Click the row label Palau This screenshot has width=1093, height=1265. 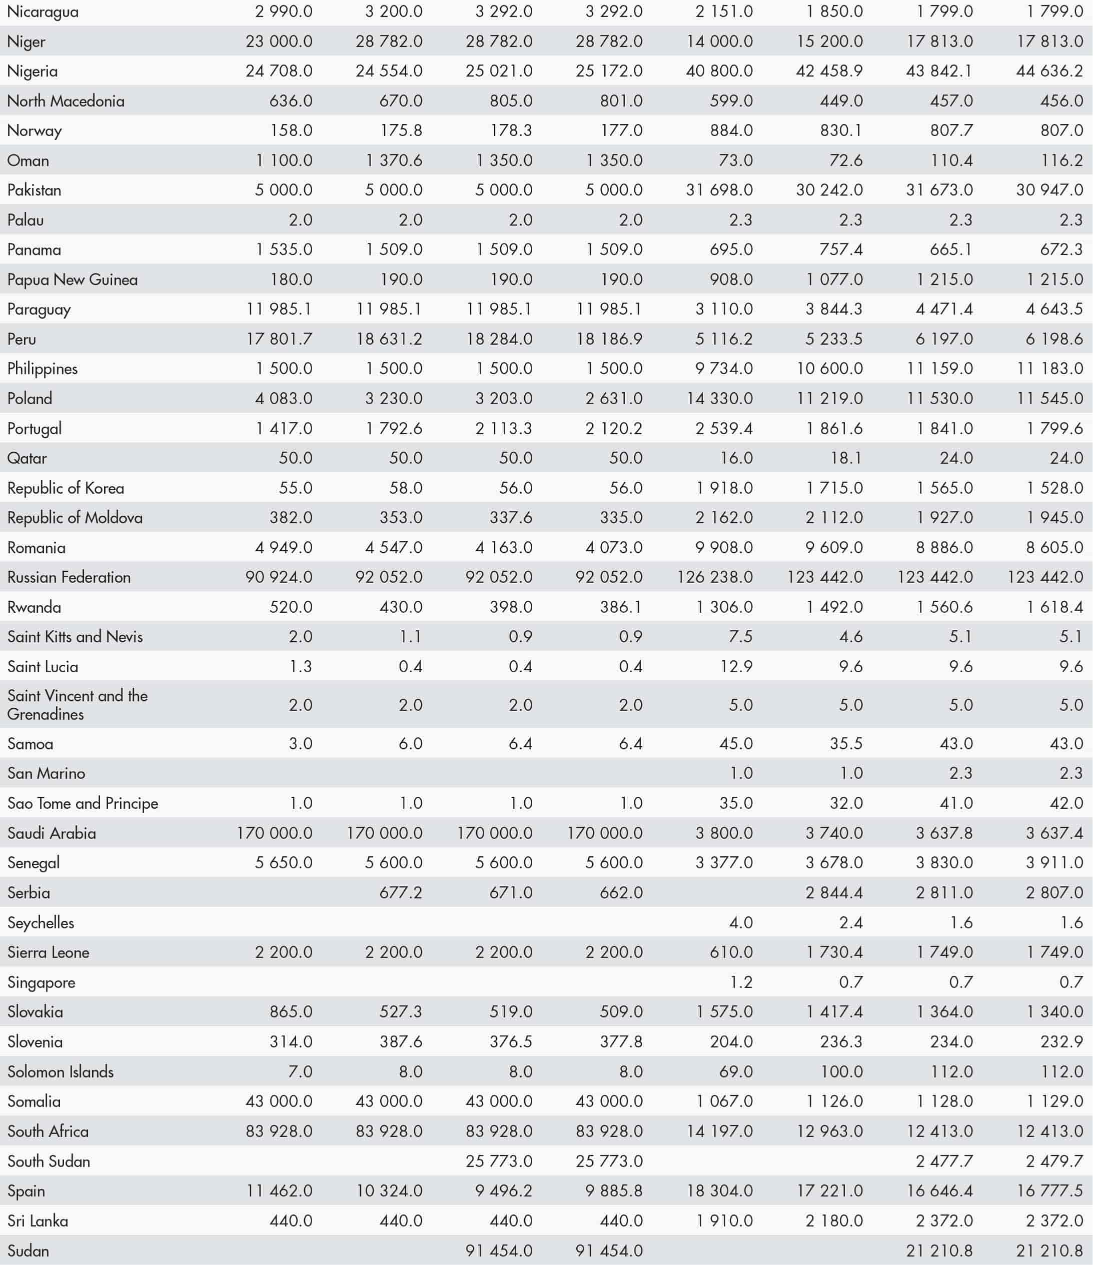coord(26,220)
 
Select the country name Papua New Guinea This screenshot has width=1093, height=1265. coord(72,280)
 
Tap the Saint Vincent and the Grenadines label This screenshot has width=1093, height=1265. coord(77,705)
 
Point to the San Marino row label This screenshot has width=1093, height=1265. coord(47,773)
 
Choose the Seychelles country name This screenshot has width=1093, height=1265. coord(41,922)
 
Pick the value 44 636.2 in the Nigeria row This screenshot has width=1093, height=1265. coord(1049,71)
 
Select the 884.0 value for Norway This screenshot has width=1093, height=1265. coord(731,131)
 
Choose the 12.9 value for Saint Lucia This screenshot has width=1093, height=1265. coord(736,667)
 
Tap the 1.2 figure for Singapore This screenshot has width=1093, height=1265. coord(741,982)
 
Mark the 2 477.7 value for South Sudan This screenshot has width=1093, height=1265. coord(944,1161)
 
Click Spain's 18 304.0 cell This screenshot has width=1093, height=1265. coord(719,1191)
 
